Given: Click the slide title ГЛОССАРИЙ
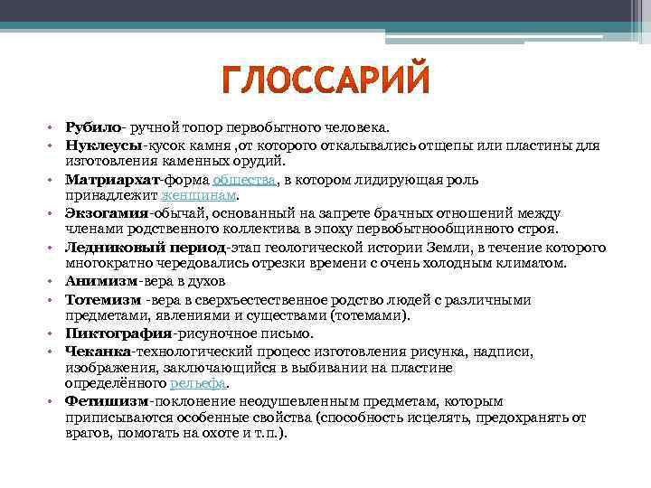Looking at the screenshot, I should [325, 84].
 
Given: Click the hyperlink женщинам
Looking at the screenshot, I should [198, 195].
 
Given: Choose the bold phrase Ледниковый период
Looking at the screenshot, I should [145, 248].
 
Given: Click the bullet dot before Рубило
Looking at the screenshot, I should [52, 129].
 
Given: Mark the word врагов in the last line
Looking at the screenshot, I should [85, 434].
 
